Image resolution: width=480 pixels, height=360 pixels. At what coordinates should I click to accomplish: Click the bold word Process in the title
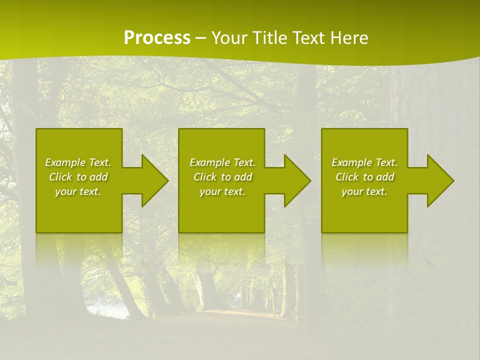point(157,38)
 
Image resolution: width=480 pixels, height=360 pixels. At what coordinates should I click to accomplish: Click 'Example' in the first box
point(64,162)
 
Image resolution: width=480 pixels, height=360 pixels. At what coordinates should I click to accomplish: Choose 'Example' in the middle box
point(209,162)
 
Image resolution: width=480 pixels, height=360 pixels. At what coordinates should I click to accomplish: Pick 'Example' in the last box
point(351,162)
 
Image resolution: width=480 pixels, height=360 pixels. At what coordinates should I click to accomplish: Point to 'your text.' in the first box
point(78,191)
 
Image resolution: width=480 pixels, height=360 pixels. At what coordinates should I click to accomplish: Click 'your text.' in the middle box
point(222,191)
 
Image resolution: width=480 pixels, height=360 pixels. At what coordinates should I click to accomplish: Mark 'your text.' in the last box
point(364,191)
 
